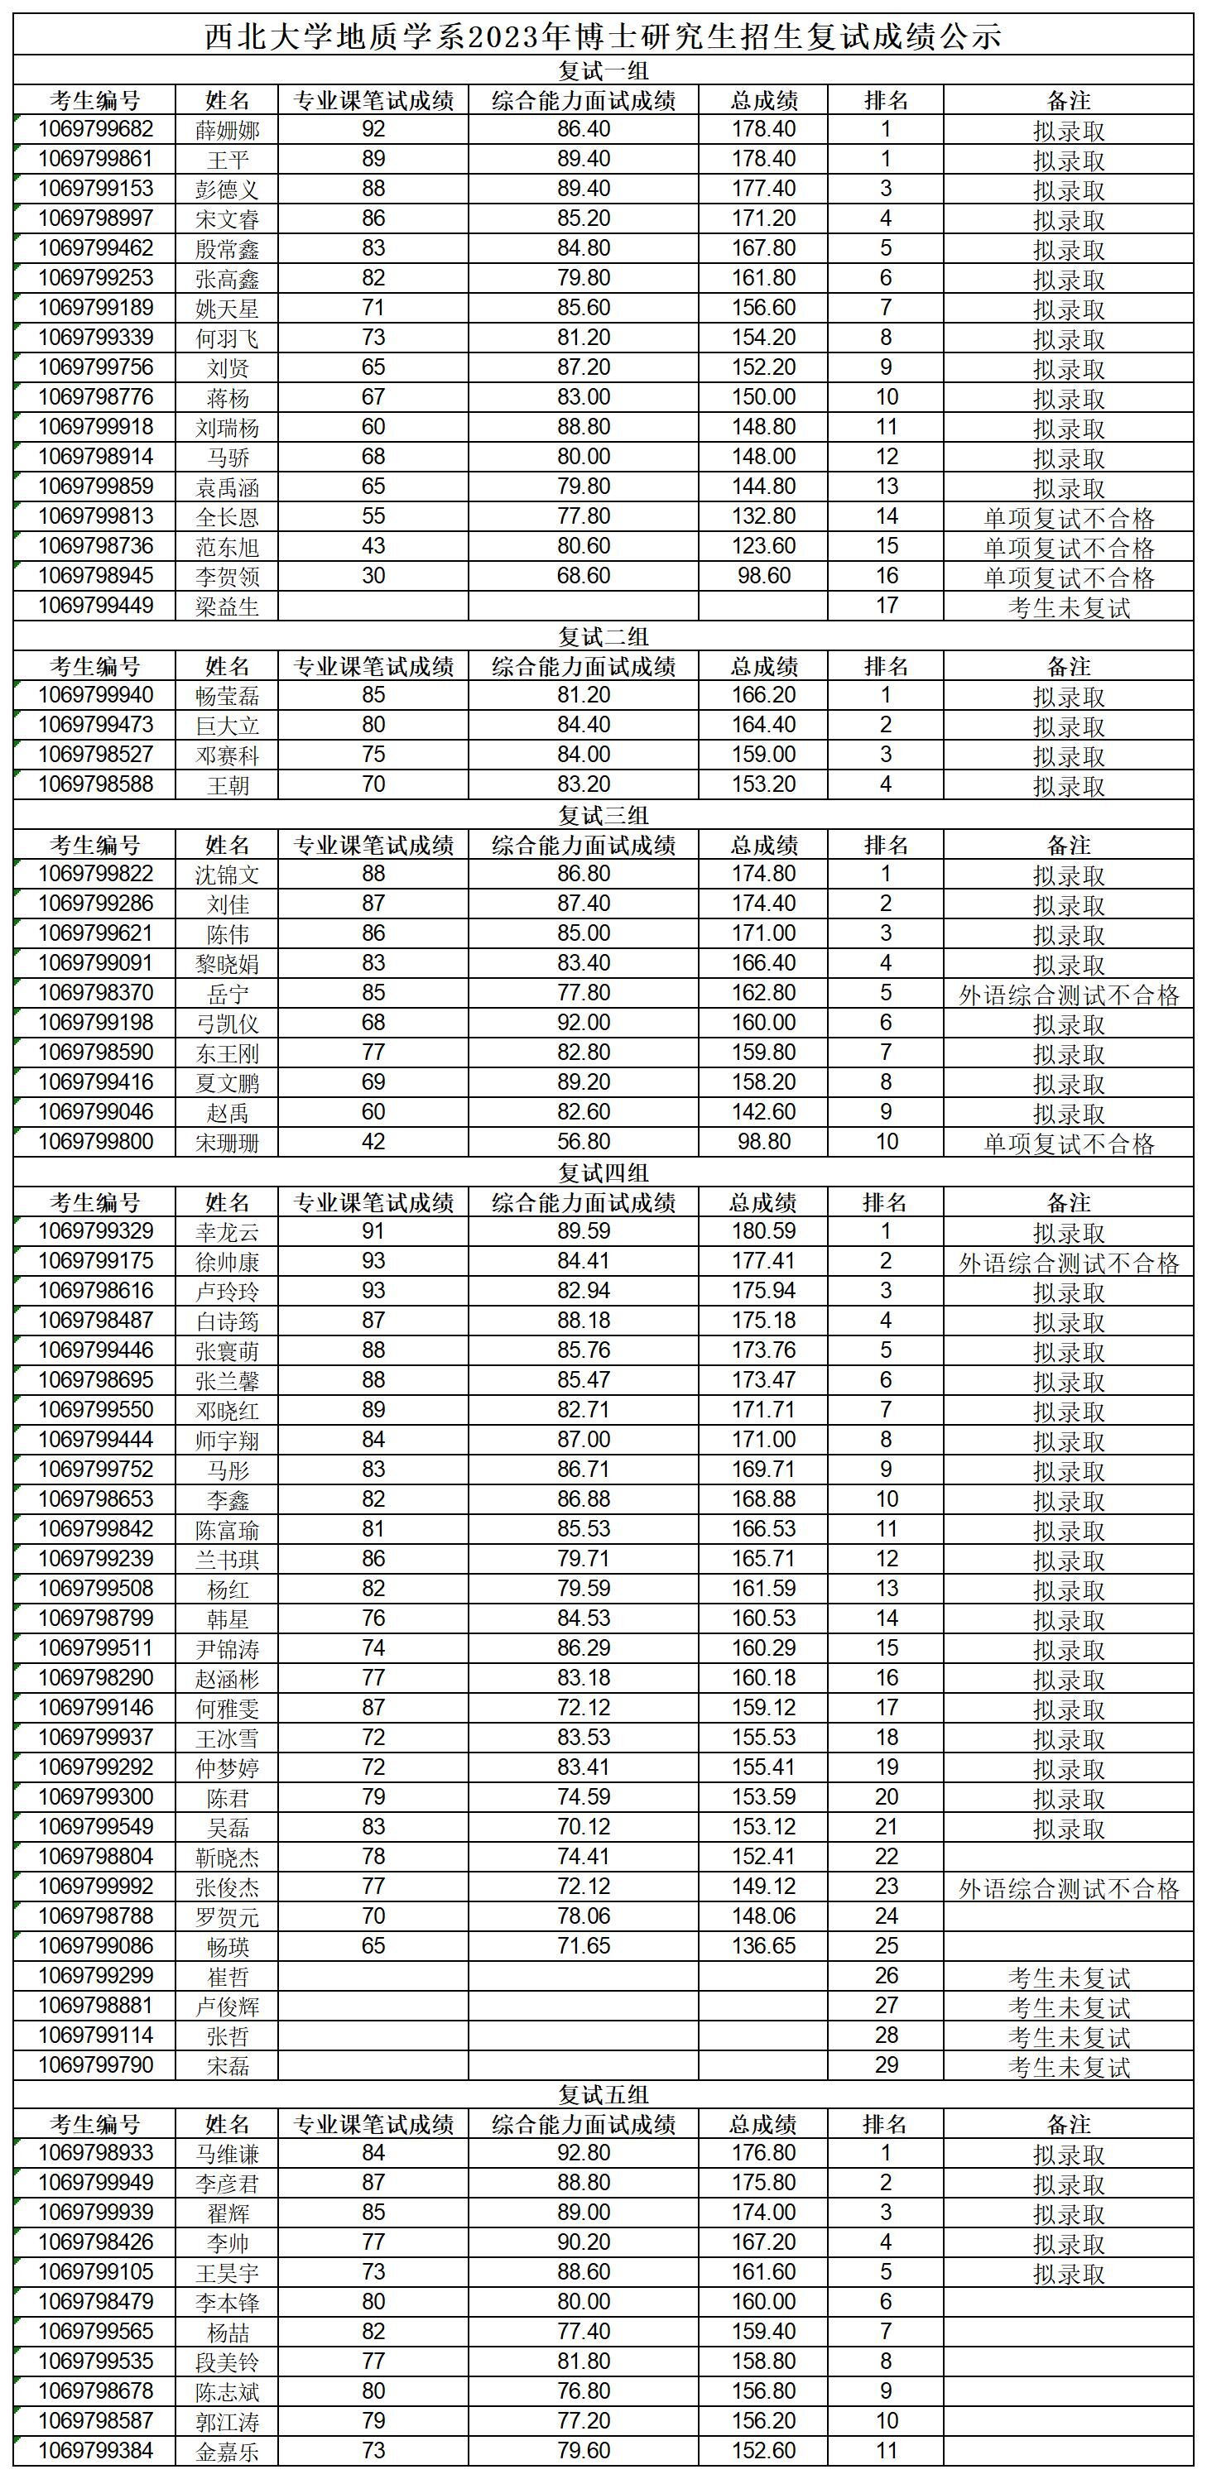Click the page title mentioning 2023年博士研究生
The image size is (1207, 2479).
point(603,36)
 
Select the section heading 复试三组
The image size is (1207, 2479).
point(603,815)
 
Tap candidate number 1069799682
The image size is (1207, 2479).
point(95,130)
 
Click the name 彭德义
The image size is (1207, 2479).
point(227,189)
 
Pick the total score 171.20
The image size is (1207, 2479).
point(763,218)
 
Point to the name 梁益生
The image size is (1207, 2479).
point(227,607)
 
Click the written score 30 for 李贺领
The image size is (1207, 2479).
point(373,577)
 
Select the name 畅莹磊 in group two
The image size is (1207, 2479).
point(227,696)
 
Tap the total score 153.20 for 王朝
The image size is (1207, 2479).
point(763,784)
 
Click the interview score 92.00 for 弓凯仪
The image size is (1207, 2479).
point(584,1023)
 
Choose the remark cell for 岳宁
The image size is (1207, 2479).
point(1069,994)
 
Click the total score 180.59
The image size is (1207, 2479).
point(763,1232)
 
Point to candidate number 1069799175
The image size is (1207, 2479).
point(95,1262)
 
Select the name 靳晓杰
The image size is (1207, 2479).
point(227,1858)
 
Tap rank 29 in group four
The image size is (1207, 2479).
point(886,2065)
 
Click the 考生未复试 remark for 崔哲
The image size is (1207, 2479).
point(1069,1978)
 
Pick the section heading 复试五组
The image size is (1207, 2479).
point(603,2095)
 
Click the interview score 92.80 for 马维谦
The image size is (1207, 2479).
point(584,2154)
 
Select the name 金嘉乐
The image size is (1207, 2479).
point(227,2451)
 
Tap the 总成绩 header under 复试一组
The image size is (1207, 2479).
point(763,101)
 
